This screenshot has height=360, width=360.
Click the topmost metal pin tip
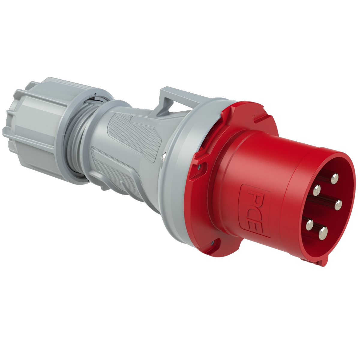334,179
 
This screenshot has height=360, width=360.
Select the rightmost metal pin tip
338,205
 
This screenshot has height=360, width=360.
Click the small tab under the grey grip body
103,187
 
